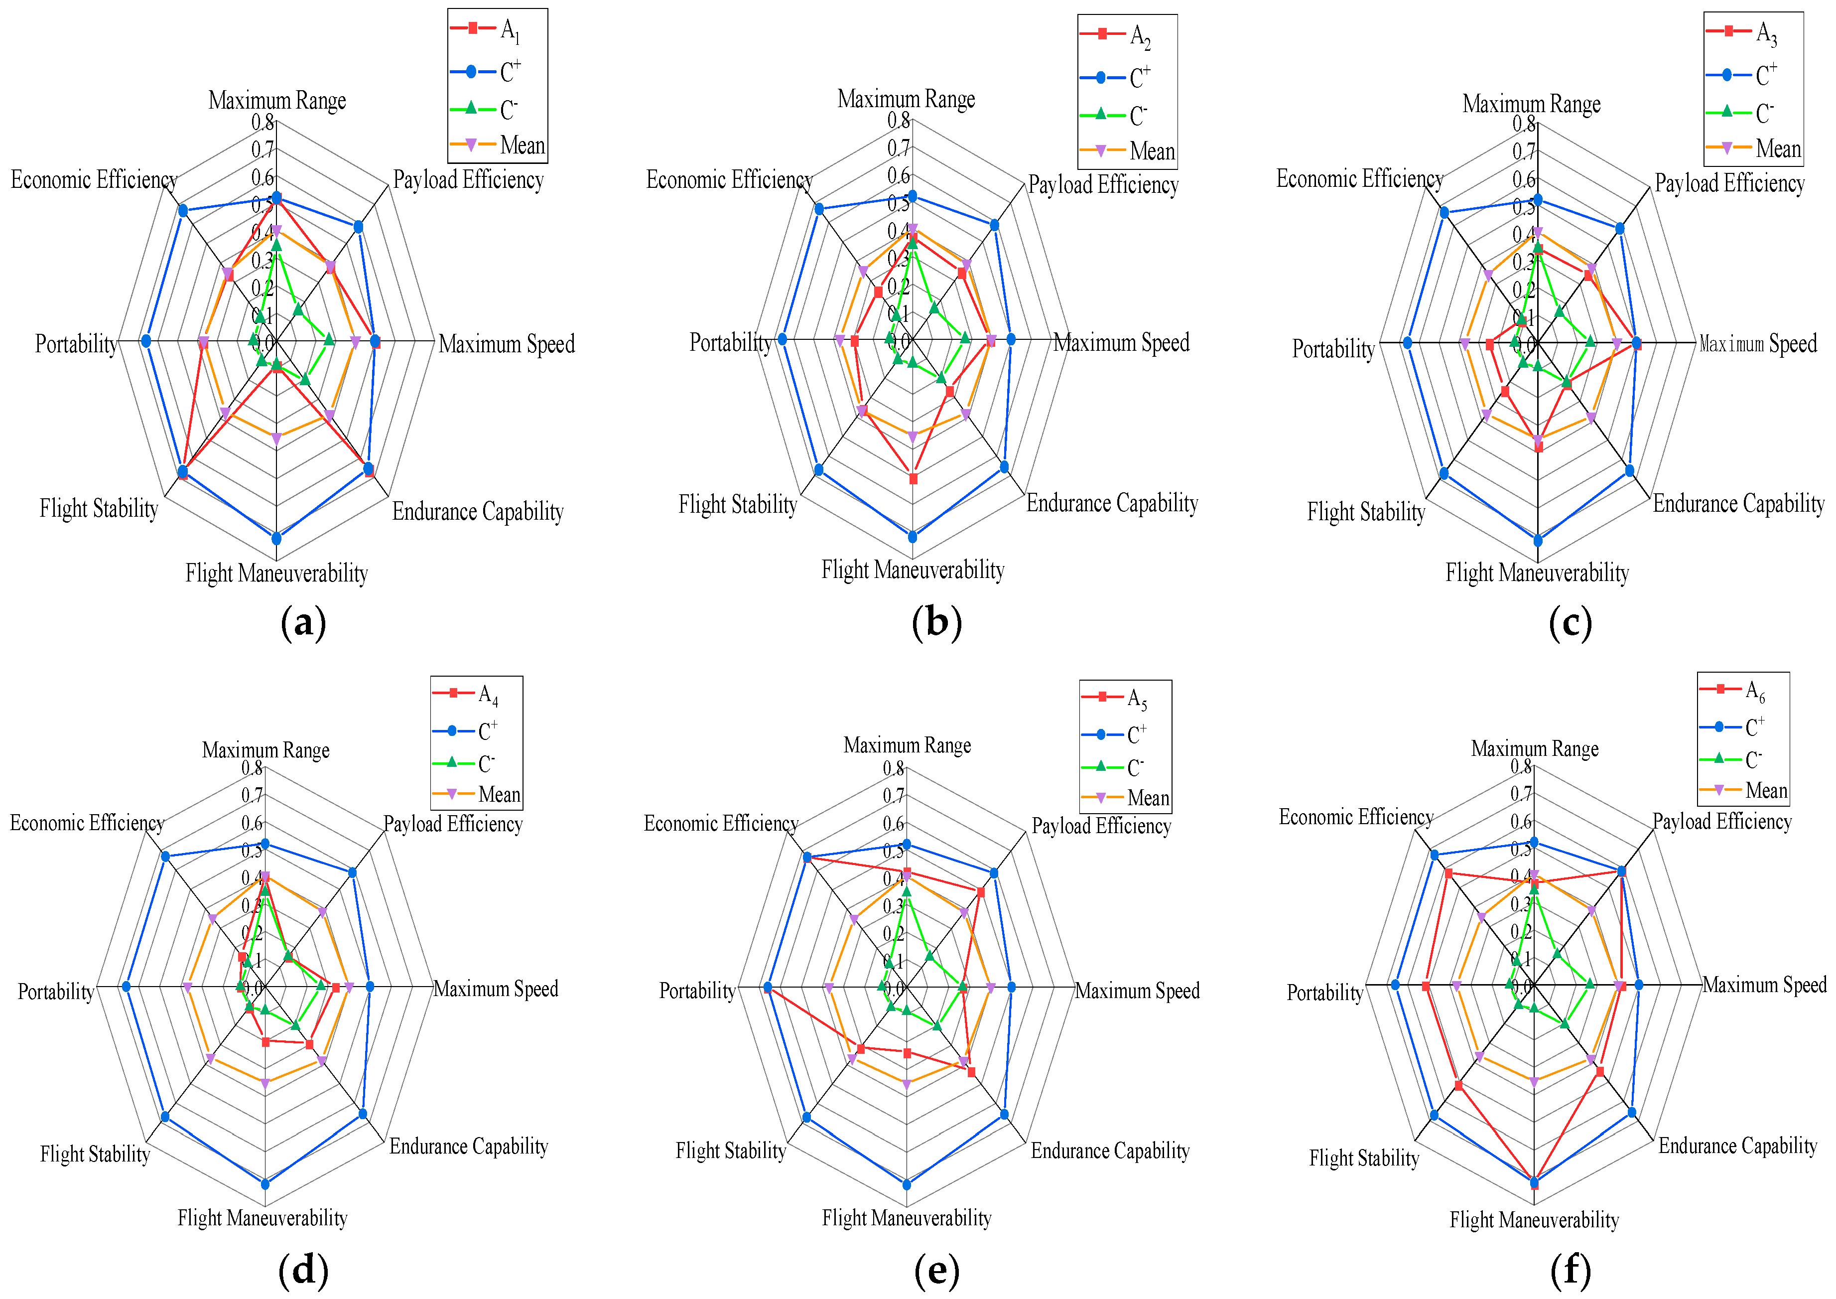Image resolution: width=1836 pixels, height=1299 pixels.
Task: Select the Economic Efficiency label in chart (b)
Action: point(729,180)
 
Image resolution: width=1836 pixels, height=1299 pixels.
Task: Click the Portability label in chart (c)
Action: point(1333,349)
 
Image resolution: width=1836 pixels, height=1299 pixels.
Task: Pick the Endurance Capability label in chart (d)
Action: point(469,1146)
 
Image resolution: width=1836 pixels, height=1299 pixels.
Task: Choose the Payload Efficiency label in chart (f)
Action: point(1721,822)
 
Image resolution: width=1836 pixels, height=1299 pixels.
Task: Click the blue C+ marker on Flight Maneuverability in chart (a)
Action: point(276,538)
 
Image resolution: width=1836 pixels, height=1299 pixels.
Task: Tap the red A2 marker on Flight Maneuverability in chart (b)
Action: point(913,479)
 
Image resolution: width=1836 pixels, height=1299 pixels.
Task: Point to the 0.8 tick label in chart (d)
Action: point(253,768)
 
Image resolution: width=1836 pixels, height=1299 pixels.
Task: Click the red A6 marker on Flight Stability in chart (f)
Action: point(1458,1085)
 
